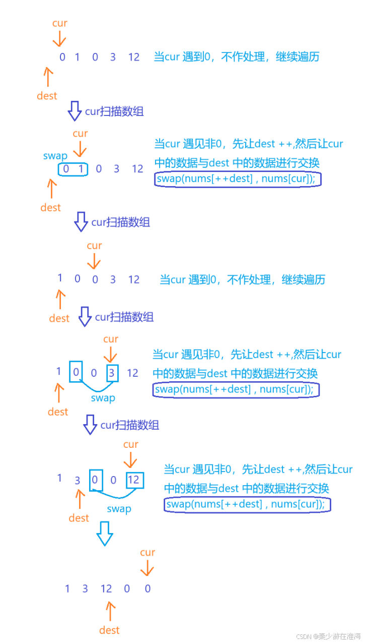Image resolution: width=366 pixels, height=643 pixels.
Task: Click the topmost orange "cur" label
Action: (x=59, y=23)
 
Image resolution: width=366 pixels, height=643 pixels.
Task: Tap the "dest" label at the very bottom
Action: (x=109, y=630)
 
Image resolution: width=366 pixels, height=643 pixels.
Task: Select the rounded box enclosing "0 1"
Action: (x=73, y=169)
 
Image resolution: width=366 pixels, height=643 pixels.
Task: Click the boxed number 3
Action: (x=112, y=373)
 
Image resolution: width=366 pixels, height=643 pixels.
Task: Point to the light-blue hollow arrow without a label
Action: (x=105, y=534)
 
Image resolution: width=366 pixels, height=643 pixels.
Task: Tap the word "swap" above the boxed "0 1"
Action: (x=55, y=156)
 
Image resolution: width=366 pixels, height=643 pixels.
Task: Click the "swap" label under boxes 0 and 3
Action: (x=103, y=398)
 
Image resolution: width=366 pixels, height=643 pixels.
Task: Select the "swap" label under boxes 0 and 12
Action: (x=119, y=509)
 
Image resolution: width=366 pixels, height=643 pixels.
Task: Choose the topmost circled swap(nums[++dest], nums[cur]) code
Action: (x=238, y=179)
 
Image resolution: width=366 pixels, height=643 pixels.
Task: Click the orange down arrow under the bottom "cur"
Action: (x=147, y=568)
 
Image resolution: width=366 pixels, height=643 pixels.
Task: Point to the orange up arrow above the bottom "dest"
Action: (x=109, y=611)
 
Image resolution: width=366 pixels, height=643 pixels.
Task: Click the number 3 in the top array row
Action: (x=113, y=57)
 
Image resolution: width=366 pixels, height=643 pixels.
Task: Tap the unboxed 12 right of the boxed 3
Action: (x=132, y=373)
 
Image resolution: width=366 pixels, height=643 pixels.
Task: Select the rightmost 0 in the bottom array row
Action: (x=148, y=589)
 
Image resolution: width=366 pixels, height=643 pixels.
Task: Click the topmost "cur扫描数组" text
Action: (x=114, y=111)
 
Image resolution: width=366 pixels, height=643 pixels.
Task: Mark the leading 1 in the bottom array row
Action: (x=67, y=589)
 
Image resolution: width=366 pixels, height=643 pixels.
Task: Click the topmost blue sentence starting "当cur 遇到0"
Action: (x=236, y=57)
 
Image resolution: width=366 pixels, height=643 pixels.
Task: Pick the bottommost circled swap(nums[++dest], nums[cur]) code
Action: (x=247, y=504)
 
